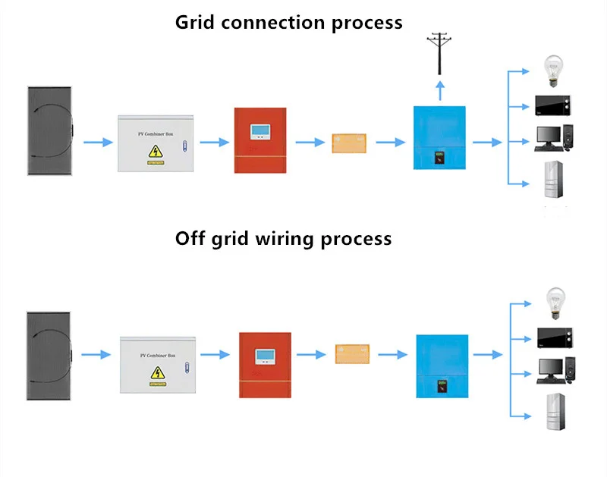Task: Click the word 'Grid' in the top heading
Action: pyautogui.click(x=195, y=22)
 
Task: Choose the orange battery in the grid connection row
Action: pyautogui.click(x=351, y=143)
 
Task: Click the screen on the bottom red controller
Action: pyautogui.click(x=266, y=354)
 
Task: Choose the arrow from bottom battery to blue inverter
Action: pyautogui.click(x=392, y=354)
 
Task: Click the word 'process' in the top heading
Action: pyautogui.click(x=367, y=22)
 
